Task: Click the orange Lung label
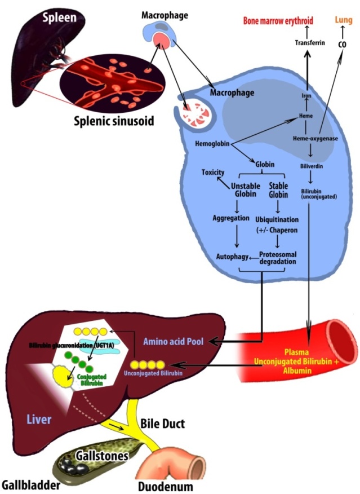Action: click(x=343, y=21)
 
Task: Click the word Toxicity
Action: click(x=213, y=172)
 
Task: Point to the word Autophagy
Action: click(x=232, y=256)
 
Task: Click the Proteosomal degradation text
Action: click(x=277, y=257)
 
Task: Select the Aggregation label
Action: click(x=232, y=218)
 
